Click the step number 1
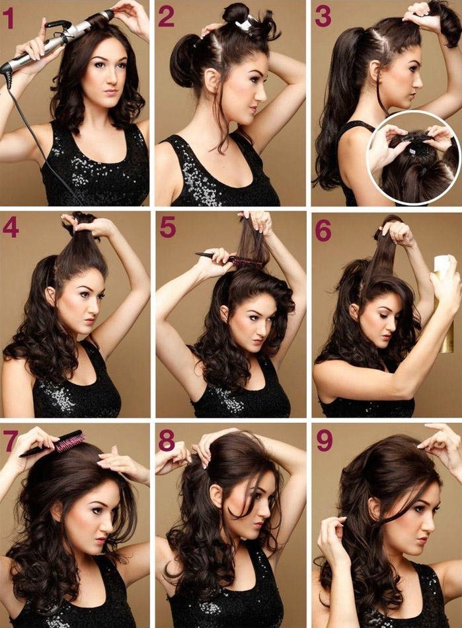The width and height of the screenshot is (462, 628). point(9,19)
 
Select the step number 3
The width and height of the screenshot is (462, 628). point(323,17)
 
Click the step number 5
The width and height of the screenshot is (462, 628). point(168,228)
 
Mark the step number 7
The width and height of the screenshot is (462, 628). point(11,441)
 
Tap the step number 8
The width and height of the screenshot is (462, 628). point(167,441)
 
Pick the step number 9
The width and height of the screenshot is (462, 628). point(325,441)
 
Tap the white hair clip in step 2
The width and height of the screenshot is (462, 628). point(245,24)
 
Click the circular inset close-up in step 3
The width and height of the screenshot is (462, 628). point(414,157)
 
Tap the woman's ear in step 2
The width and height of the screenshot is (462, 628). point(211,81)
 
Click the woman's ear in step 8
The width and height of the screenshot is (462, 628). point(217,496)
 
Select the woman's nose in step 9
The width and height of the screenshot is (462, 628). point(433,523)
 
